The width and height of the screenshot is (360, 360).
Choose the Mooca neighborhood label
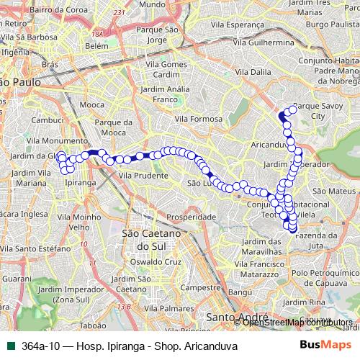click(71, 104)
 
